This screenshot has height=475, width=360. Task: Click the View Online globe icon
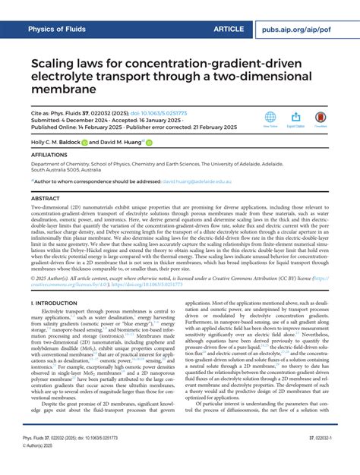tap(270, 118)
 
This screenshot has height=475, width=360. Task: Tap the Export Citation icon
tap(296, 118)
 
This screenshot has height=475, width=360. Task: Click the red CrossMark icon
tap(321, 118)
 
